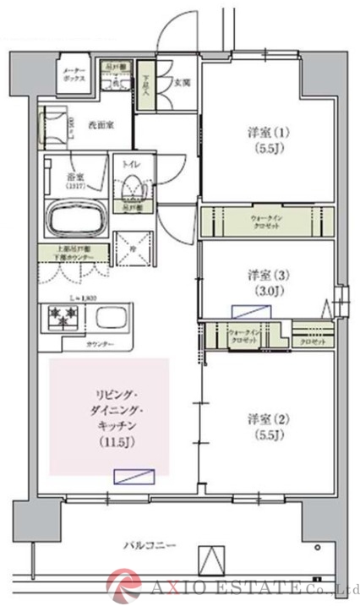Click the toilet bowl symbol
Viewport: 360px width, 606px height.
point(132,184)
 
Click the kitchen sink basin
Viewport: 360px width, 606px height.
point(113,321)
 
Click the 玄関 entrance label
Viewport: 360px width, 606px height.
point(181,83)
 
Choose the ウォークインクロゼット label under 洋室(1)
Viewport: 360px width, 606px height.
point(267,222)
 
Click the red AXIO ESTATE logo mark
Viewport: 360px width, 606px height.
point(124,582)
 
